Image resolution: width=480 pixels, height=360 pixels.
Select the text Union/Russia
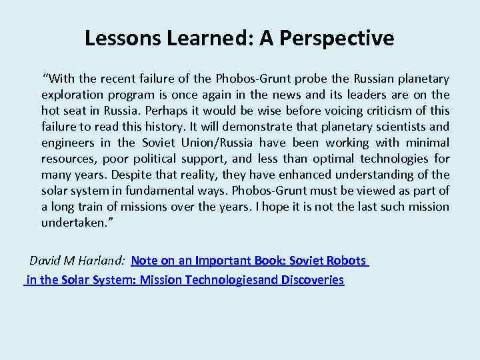click(219, 143)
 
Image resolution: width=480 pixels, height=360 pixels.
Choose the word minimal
click(427, 143)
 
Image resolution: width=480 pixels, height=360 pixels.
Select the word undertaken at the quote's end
click(71, 223)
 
